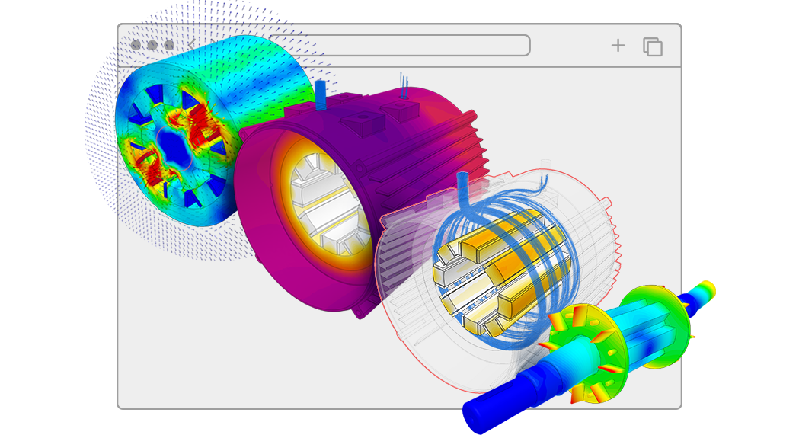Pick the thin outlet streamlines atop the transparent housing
point(542,180)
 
